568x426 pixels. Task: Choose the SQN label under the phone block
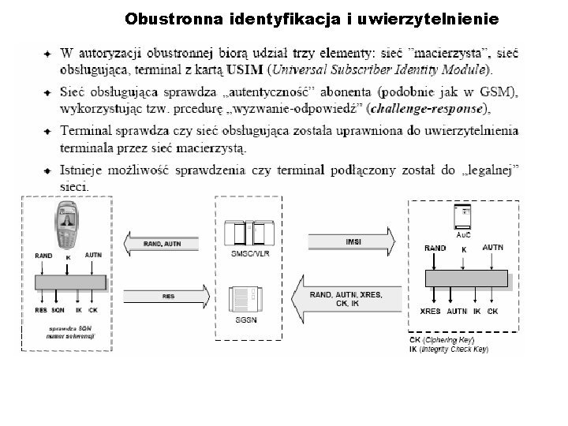coord(58,311)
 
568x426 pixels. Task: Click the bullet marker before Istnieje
coord(48,170)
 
